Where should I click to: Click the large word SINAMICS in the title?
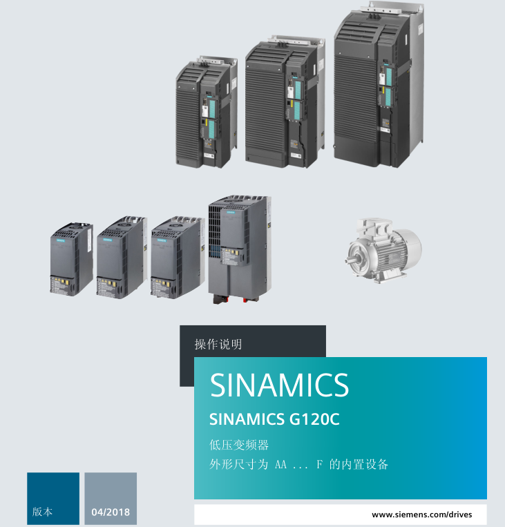pos(279,385)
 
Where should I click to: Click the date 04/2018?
pos(111,512)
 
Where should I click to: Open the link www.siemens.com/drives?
pos(421,515)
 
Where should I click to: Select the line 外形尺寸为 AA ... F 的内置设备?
pos(298,464)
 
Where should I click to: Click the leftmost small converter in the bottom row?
pos(70,261)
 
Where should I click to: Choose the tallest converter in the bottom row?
pos(238,249)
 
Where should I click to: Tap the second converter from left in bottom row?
pos(121,257)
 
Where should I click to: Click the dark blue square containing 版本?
pos(53,498)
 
